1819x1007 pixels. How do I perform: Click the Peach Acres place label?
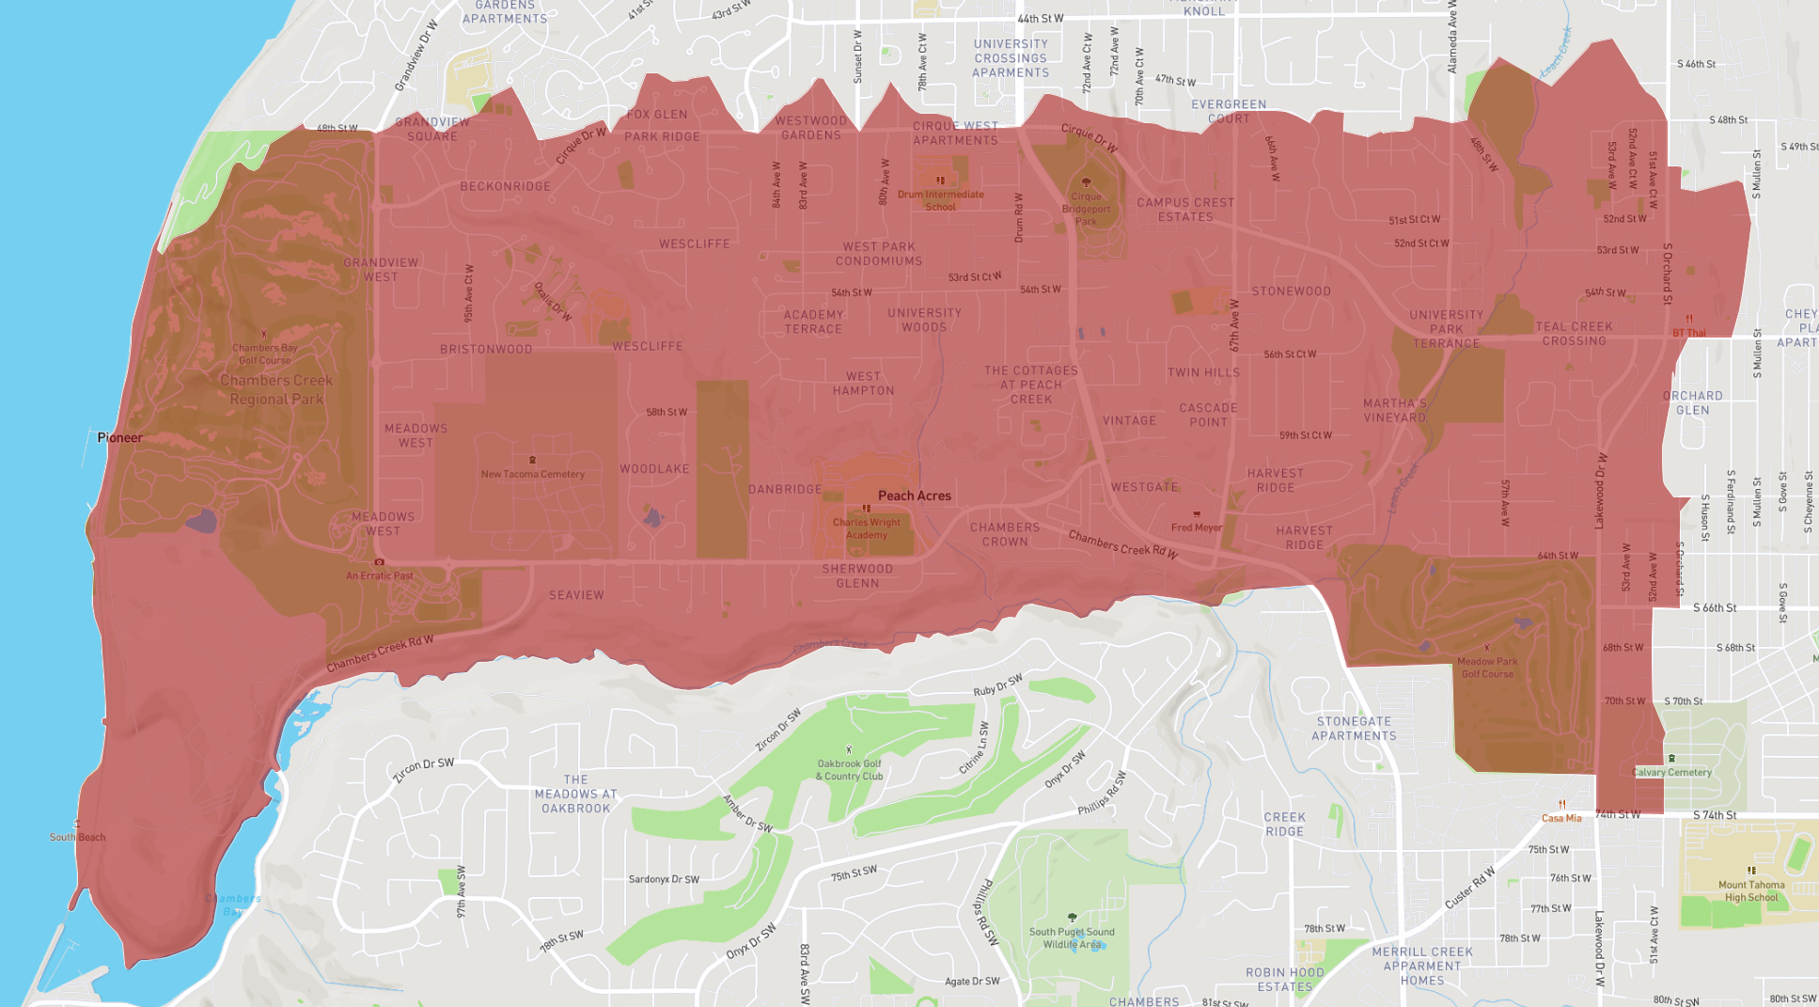pyautogui.click(x=914, y=496)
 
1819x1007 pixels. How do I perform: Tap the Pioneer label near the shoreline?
pyautogui.click(x=119, y=437)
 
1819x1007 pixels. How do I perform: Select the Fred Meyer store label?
pyautogui.click(x=1196, y=527)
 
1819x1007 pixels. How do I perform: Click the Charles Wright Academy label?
pyautogui.click(x=866, y=528)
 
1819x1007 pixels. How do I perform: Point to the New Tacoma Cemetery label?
pyautogui.click(x=532, y=474)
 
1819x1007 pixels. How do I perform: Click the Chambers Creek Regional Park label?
pyautogui.click(x=275, y=389)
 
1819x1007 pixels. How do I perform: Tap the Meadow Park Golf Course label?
pyautogui.click(x=1487, y=668)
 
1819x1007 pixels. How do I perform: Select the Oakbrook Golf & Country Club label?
pyautogui.click(x=849, y=770)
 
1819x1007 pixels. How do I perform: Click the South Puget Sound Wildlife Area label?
pyautogui.click(x=1072, y=937)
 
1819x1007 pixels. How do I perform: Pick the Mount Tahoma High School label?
pyautogui.click(x=1750, y=890)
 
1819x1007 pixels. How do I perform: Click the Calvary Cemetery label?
pyautogui.click(x=1672, y=772)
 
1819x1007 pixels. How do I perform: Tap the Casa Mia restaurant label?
pyautogui.click(x=1561, y=818)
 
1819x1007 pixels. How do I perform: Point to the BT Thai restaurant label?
pyautogui.click(x=1688, y=333)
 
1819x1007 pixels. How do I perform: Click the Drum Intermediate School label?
pyautogui.click(x=940, y=200)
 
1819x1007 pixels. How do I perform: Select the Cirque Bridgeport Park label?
pyautogui.click(x=1086, y=209)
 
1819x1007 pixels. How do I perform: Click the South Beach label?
pyautogui.click(x=77, y=837)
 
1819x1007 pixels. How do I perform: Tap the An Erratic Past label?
pyautogui.click(x=379, y=575)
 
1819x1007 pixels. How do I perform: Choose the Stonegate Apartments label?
pyautogui.click(x=1354, y=729)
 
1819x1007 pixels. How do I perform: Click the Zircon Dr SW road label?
pyautogui.click(x=423, y=770)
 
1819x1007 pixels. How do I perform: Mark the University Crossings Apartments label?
pyautogui.click(x=1011, y=58)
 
